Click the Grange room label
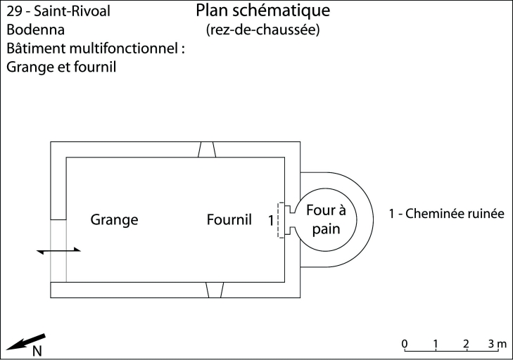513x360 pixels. [114, 219]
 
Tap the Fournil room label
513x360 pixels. [229, 219]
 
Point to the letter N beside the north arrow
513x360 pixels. [37, 351]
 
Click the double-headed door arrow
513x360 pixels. [59, 250]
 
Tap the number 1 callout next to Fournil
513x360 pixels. [271, 220]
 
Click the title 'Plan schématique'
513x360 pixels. [263, 11]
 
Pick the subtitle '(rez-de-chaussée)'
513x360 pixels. [263, 30]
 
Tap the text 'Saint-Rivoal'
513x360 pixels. [77, 12]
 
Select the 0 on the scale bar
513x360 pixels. [405, 343]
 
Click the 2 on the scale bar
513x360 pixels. [467, 343]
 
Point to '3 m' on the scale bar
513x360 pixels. [497, 343]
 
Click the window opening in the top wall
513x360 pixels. [206, 149]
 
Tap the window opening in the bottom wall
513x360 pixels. [206, 290]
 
